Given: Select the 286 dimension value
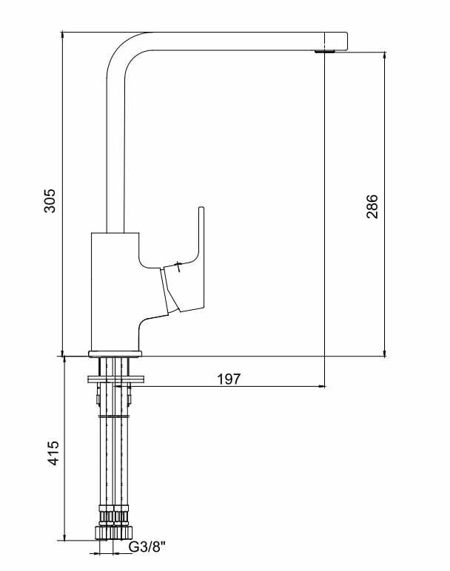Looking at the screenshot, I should tap(372, 206).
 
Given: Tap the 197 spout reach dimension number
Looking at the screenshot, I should tap(229, 379).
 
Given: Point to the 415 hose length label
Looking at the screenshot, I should tap(53, 452).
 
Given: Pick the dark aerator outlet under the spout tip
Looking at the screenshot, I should tap(324, 51).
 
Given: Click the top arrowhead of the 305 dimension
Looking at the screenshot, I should tap(63, 36).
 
